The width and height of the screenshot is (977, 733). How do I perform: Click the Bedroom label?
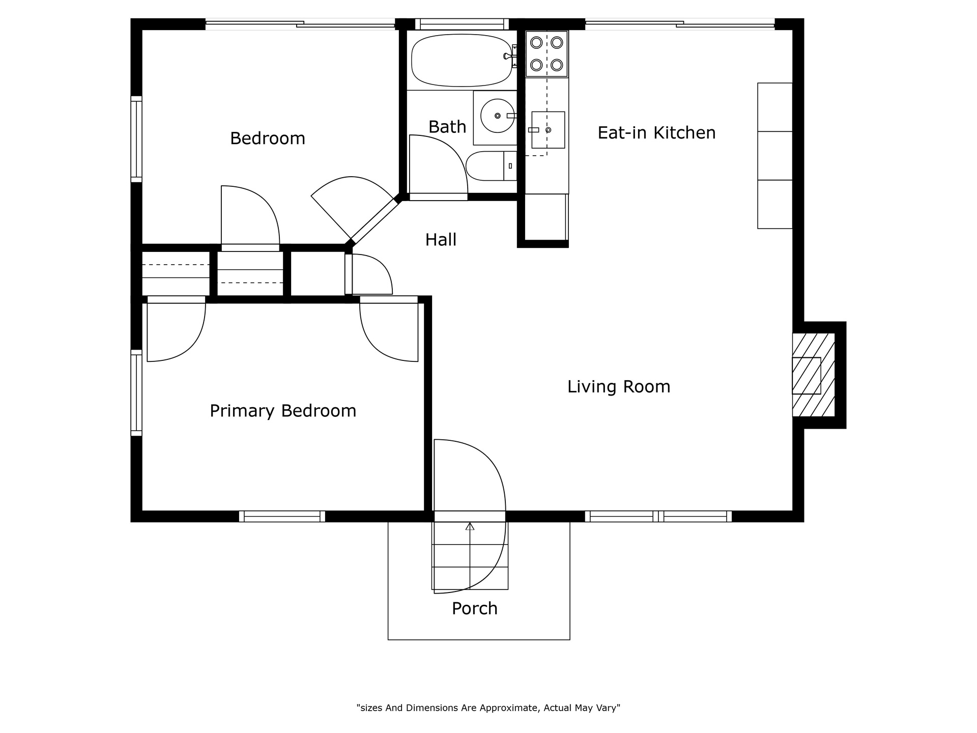[268, 138]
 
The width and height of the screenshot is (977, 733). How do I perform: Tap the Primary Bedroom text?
[283, 411]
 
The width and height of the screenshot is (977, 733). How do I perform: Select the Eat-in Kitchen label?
[656, 133]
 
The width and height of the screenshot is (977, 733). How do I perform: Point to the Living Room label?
[619, 387]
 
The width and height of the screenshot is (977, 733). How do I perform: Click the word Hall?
[441, 240]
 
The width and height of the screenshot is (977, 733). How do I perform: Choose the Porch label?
[475, 608]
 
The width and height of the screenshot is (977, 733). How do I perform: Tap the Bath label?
[447, 127]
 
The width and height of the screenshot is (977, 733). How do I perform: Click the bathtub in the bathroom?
[463, 60]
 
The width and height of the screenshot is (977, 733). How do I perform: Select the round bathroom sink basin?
[498, 116]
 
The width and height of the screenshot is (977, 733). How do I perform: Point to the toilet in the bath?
[492, 166]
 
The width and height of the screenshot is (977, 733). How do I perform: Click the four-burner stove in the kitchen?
[547, 54]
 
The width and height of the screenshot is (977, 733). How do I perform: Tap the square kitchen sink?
[548, 130]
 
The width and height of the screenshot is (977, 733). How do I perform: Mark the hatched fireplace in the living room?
[814, 375]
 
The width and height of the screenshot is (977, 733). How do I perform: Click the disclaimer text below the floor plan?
[489, 708]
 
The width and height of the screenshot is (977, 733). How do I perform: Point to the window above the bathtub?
[462, 24]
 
